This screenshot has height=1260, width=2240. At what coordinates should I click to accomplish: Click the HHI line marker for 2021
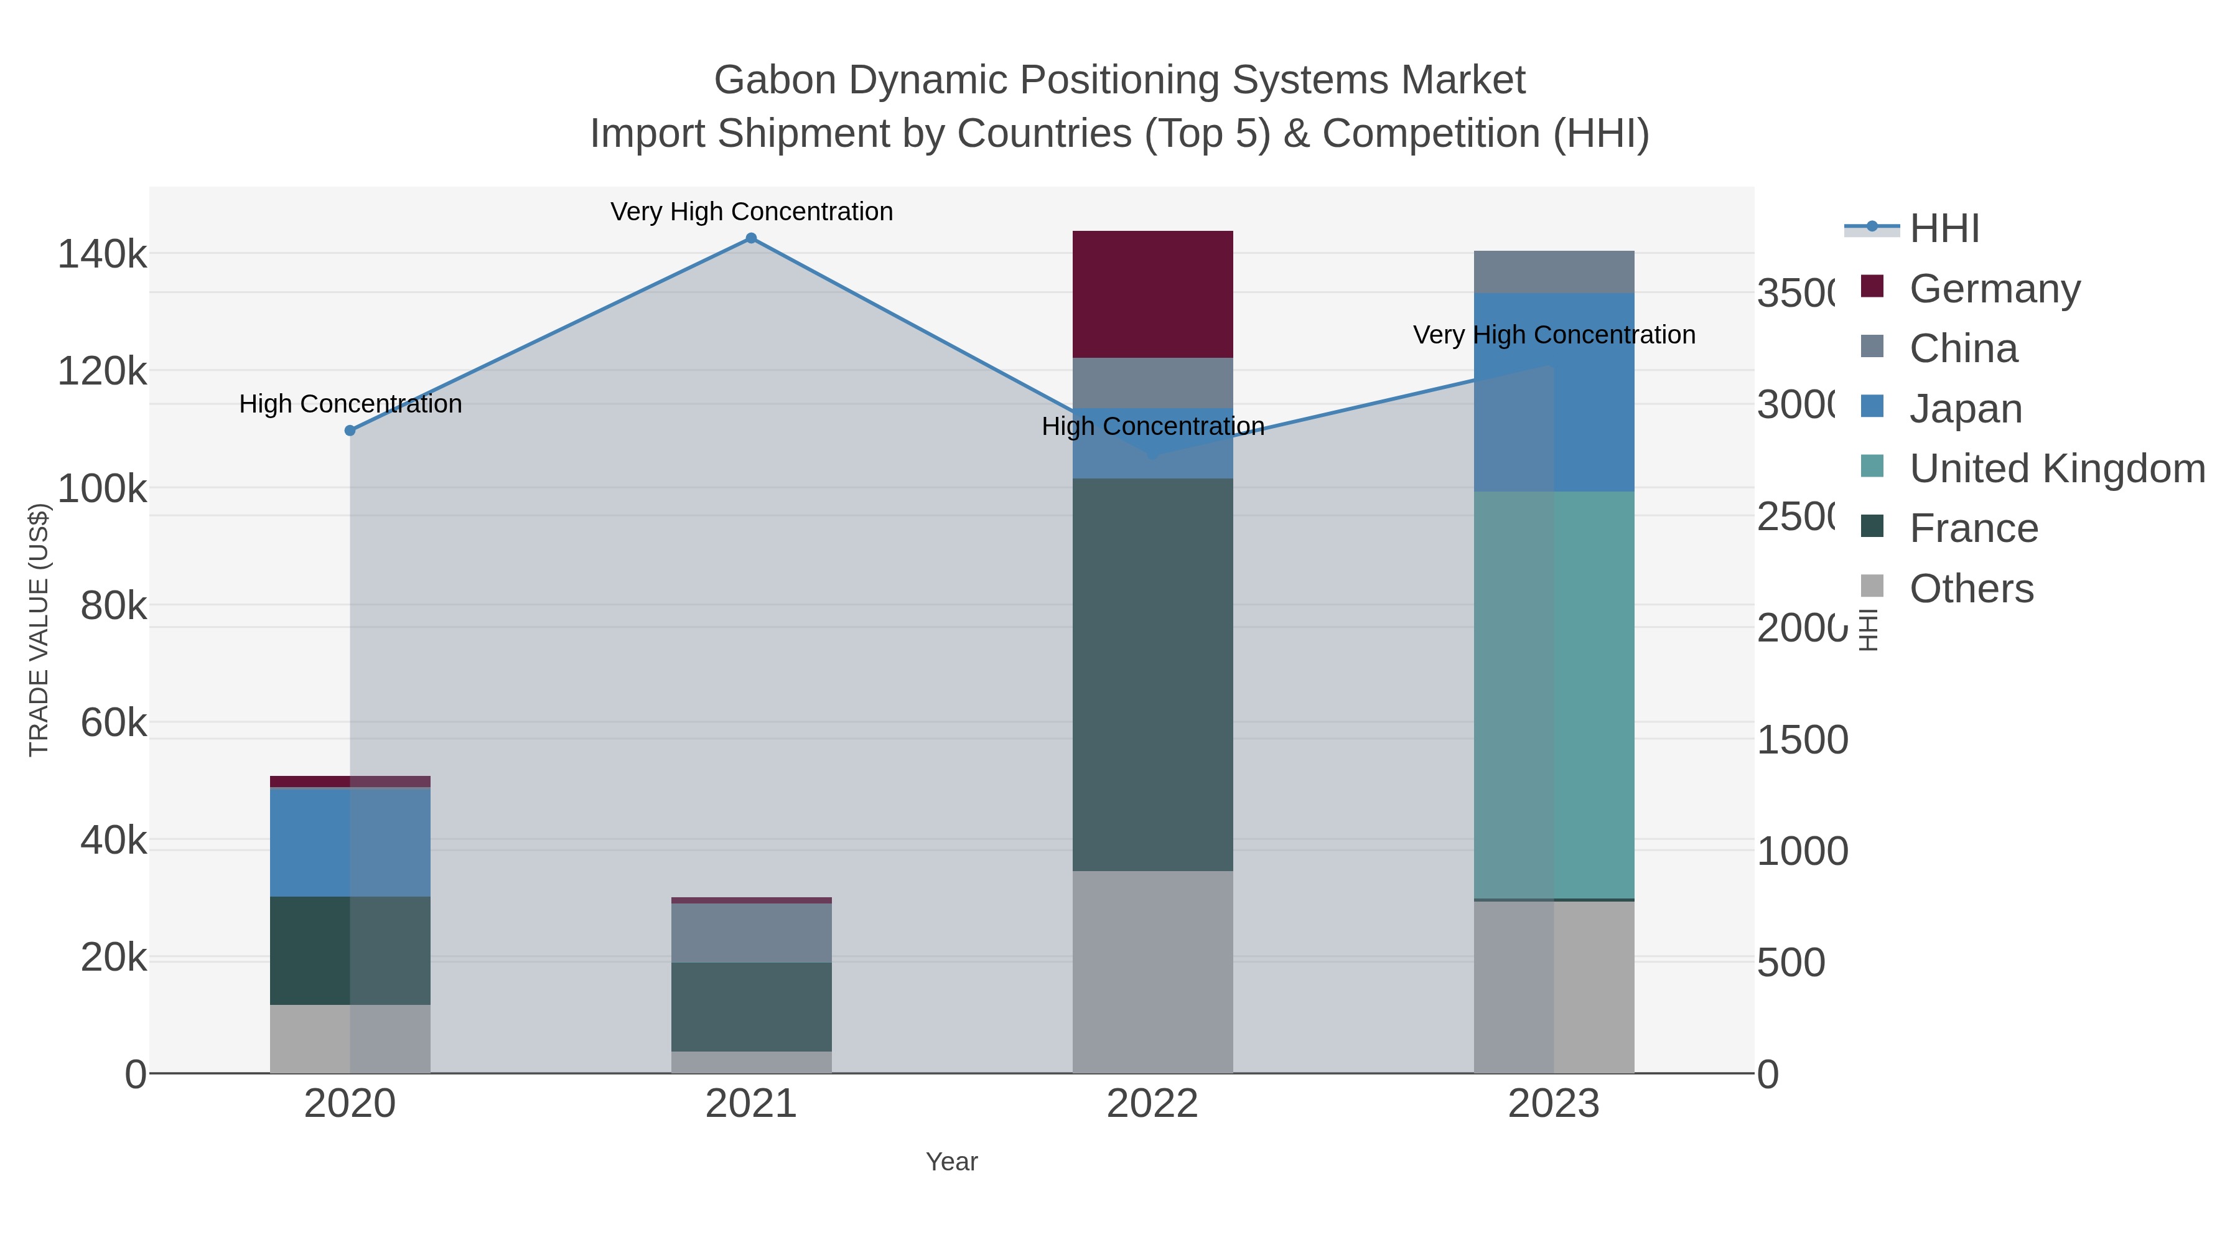click(751, 238)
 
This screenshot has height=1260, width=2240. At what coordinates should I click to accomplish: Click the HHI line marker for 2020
click(350, 431)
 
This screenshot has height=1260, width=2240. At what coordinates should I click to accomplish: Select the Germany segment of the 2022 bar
click(1152, 294)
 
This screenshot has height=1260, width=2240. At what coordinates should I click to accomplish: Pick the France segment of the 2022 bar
click(1152, 674)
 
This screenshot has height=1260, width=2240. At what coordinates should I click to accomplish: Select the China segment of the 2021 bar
click(751, 932)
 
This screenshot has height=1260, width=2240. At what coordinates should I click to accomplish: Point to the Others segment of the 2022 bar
click(1152, 971)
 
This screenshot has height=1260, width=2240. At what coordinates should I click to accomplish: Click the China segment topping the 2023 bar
click(1554, 271)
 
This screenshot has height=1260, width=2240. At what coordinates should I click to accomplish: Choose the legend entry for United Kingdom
click(2056, 469)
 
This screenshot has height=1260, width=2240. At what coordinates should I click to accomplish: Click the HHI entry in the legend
click(1944, 229)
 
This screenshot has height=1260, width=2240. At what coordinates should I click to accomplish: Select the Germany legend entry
click(1994, 289)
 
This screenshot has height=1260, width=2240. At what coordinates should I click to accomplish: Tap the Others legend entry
click(1971, 589)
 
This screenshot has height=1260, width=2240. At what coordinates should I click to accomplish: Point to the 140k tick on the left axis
click(102, 254)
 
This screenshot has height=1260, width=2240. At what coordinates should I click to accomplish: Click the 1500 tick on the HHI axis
click(1802, 740)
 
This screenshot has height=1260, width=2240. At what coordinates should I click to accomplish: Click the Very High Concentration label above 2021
click(751, 212)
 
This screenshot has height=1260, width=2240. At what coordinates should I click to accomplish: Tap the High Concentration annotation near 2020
click(350, 403)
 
